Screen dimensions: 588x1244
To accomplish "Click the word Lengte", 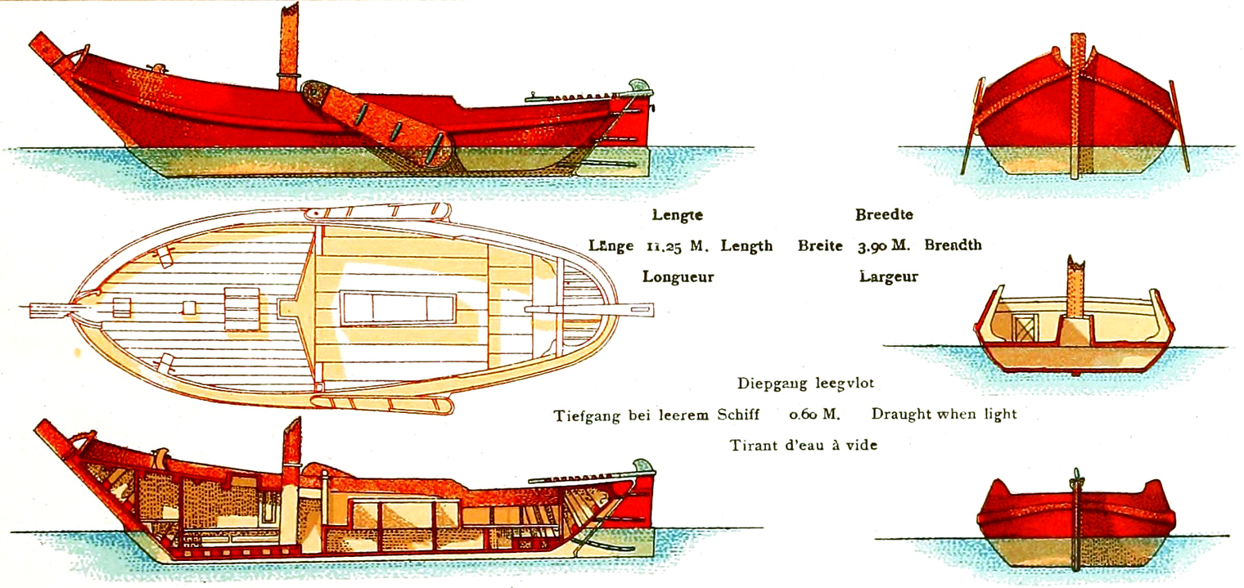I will point(677,216).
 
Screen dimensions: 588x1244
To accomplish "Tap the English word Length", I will point(746,245).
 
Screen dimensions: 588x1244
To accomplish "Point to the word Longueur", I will point(678,276).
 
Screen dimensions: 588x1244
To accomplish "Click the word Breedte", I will point(884,215).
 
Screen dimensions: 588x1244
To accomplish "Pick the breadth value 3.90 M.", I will point(886,245).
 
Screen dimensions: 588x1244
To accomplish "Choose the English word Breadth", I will point(953,245).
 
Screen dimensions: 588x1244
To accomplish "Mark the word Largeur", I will point(888,276).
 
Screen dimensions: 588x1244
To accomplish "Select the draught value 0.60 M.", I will point(814,414).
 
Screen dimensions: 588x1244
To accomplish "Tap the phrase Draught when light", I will point(944,414).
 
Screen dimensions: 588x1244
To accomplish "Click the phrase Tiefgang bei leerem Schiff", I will point(656,414).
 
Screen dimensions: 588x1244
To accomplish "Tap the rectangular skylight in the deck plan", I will point(398,308).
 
